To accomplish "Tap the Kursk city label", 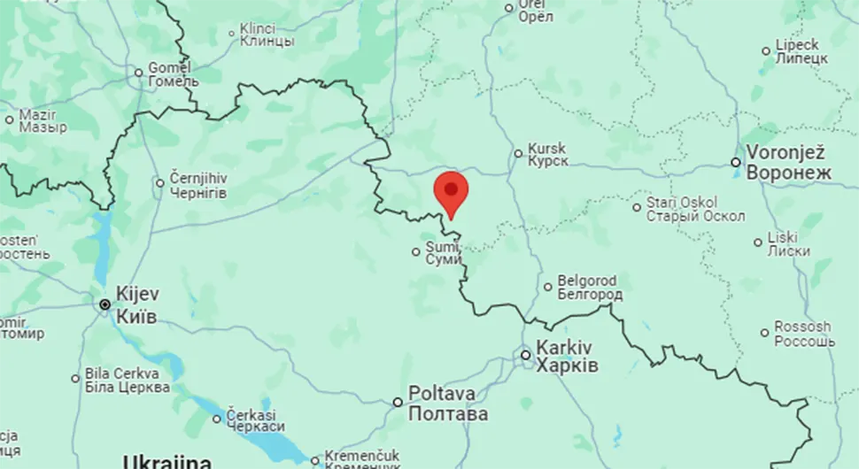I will tap(547, 155).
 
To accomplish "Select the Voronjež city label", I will tap(789, 162).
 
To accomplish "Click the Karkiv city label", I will tap(567, 356).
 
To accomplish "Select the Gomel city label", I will tap(170, 73).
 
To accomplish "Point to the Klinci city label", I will tap(267, 35).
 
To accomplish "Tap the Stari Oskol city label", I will tap(695, 209).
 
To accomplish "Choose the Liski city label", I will tap(788, 243).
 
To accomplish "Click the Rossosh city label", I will tap(803, 334).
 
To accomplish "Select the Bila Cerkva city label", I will tap(128, 380).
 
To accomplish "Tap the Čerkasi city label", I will tap(255, 420).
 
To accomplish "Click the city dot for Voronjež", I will tap(736, 162).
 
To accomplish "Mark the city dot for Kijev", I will tap(105, 304).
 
